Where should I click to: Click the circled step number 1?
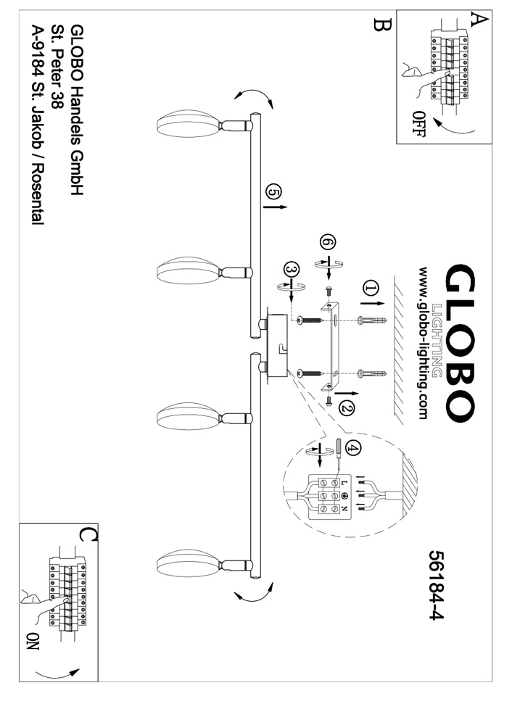371,290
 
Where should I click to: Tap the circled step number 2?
347,409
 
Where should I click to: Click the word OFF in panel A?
420,124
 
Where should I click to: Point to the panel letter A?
476,20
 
